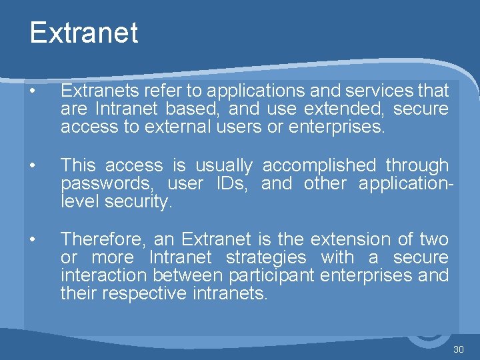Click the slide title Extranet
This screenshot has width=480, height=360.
coord(83,33)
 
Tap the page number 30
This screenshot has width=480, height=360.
coord(458,349)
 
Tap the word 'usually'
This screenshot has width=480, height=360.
coord(225,165)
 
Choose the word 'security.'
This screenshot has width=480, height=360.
coord(139,201)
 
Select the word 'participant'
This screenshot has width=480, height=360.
coord(272,275)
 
